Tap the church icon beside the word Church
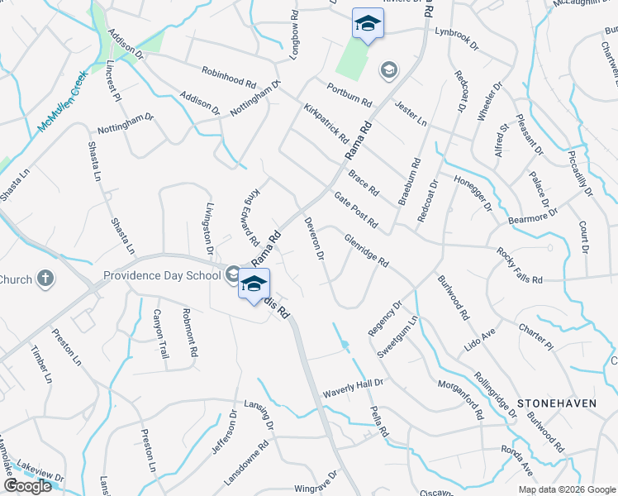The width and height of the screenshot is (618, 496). [45, 279]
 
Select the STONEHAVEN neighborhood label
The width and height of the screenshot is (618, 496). [556, 403]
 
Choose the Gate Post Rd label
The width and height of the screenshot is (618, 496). [356, 211]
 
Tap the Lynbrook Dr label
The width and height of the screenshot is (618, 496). [458, 36]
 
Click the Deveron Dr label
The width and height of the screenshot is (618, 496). [312, 238]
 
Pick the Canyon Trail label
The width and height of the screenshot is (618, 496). [159, 329]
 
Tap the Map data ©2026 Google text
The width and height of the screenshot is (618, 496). [567, 489]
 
